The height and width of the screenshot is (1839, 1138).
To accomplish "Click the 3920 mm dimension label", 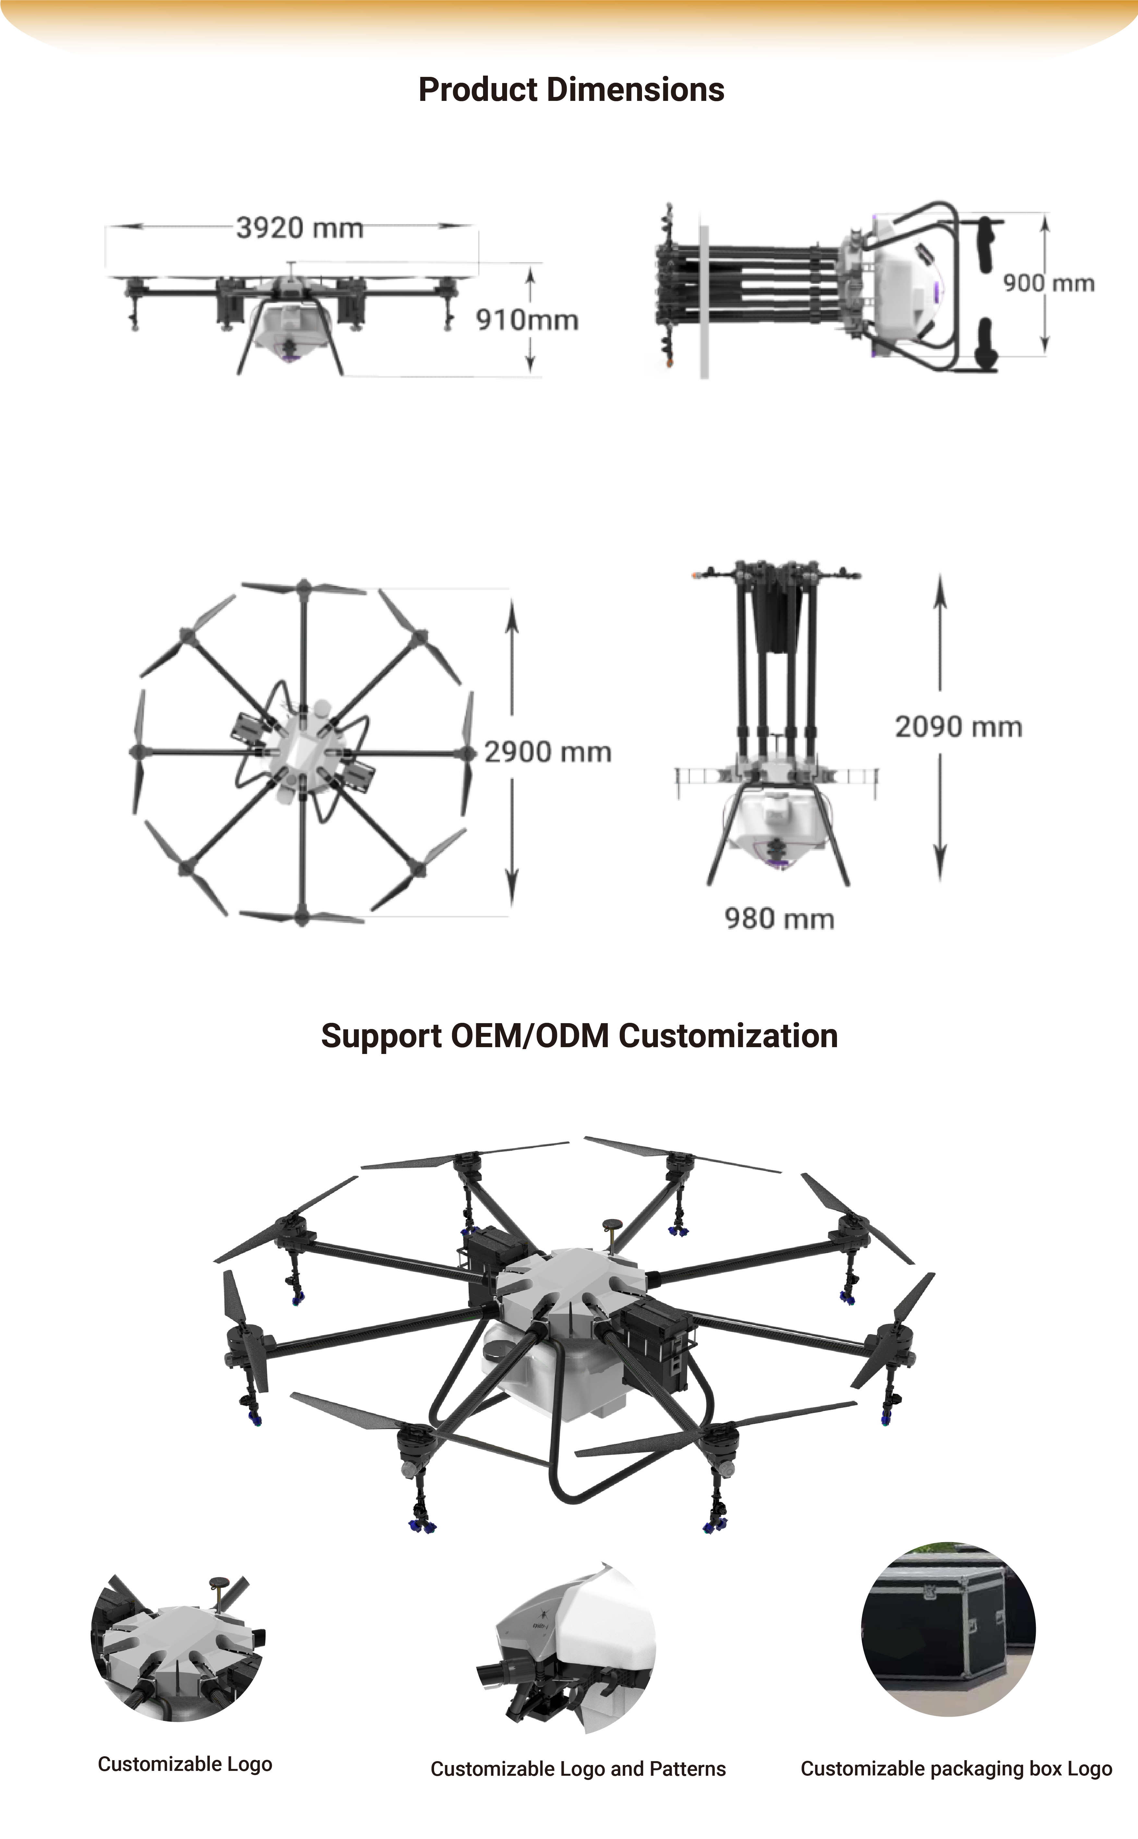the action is point(299,227).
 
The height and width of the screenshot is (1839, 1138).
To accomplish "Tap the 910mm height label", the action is point(527,320).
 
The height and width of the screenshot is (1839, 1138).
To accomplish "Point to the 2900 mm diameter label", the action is point(547,752).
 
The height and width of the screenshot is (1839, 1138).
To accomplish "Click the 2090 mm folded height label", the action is point(958,727).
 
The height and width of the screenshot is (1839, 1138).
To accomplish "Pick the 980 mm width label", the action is point(779,919).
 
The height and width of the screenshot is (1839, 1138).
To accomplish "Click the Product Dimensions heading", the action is point(571,90).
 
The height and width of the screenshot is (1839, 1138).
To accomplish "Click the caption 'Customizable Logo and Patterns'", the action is point(578,1769).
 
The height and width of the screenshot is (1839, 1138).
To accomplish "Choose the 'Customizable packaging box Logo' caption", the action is point(956,1769).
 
